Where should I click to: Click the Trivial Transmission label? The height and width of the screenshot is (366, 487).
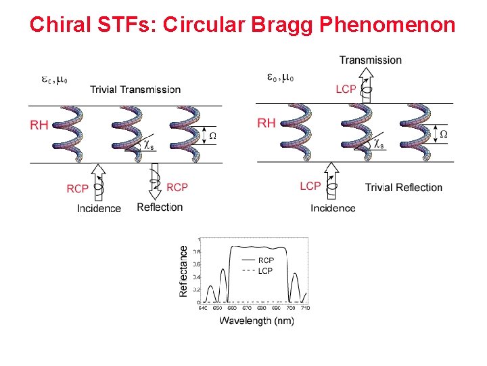click(135, 89)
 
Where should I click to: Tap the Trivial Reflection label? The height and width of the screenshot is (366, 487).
click(403, 187)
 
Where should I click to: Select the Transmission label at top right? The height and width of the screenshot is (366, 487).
click(370, 60)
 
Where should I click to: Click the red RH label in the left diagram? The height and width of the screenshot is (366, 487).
click(39, 125)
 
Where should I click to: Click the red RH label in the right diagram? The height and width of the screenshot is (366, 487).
click(266, 123)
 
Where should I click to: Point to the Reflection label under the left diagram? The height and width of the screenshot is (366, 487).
click(160, 207)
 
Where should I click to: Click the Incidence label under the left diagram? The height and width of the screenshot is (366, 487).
click(99, 208)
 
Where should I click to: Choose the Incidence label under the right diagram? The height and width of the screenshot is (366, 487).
click(333, 207)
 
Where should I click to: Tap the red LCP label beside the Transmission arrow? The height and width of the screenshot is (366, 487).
click(346, 89)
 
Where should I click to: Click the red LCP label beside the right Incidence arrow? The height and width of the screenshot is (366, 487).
click(310, 186)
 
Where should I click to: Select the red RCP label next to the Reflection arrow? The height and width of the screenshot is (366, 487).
click(177, 187)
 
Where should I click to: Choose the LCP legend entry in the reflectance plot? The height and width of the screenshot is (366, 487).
click(266, 270)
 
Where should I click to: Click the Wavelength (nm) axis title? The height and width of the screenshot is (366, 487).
click(256, 321)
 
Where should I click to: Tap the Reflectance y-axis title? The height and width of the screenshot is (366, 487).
click(184, 270)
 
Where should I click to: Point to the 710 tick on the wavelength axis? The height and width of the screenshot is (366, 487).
click(305, 308)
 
